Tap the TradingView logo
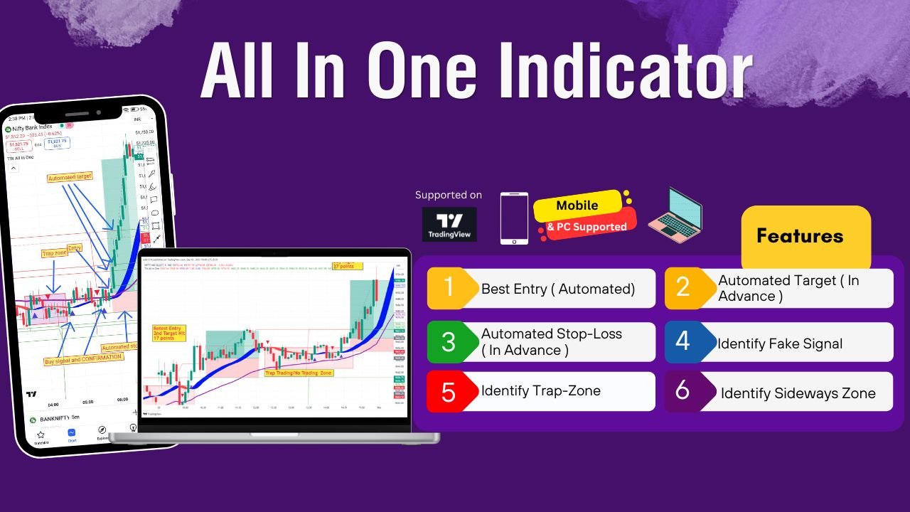pyautogui.click(x=449, y=224)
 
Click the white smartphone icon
pyautogui.click(x=514, y=218)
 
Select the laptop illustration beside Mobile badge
pyautogui.click(x=675, y=213)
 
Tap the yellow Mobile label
pyautogui.click(x=577, y=206)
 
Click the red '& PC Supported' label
pyautogui.click(x=587, y=227)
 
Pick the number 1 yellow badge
pyautogui.click(x=449, y=288)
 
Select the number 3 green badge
pyautogui.click(x=449, y=341)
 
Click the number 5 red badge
pyautogui.click(x=449, y=392)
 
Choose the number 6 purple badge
pyautogui.click(x=682, y=391)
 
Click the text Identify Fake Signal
pyautogui.click(x=780, y=343)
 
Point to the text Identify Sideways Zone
pyautogui.click(x=798, y=393)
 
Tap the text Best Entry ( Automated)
pyautogui.click(x=558, y=289)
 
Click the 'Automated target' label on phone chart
pyautogui.click(x=69, y=178)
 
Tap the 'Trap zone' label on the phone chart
pyautogui.click(x=54, y=252)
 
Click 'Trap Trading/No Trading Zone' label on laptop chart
pyautogui.click(x=298, y=372)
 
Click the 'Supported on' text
pyautogui.click(x=448, y=195)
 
